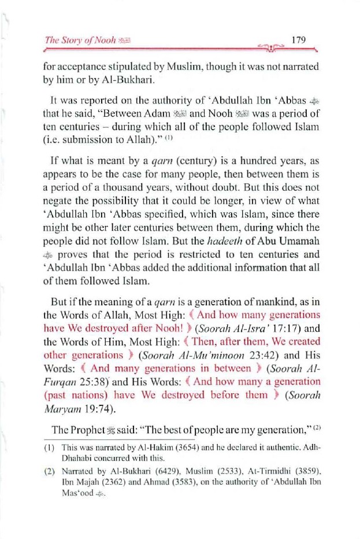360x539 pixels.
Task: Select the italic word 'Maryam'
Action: pyautogui.click(x=60, y=408)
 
